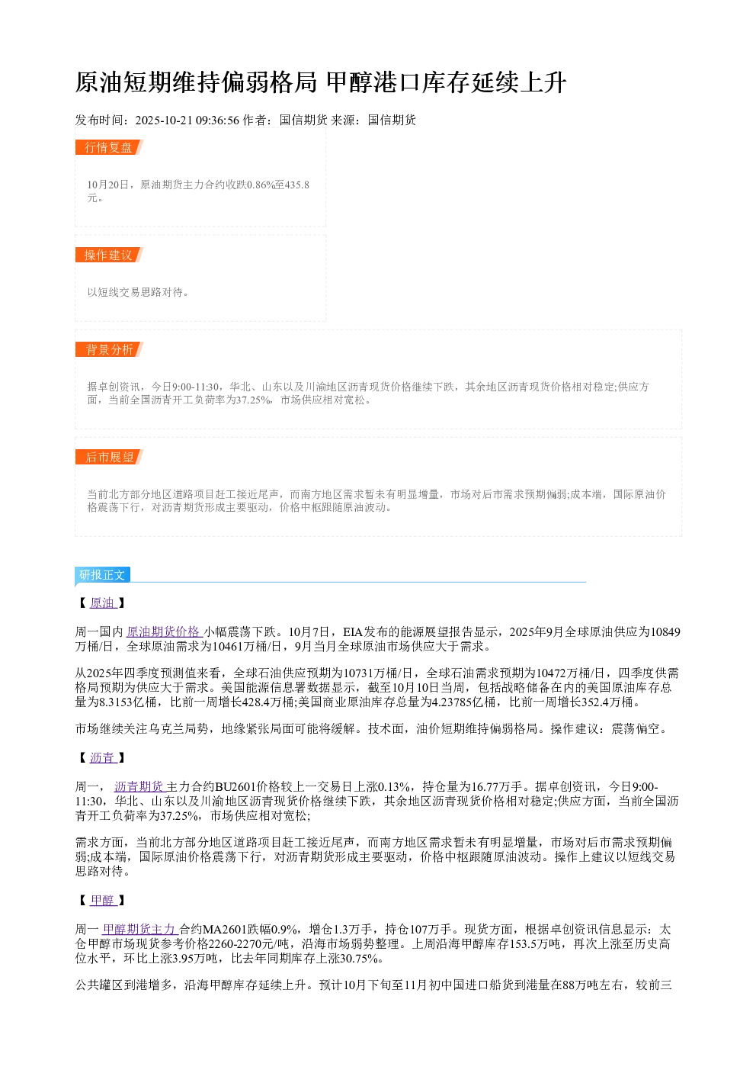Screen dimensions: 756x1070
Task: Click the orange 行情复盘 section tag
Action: (x=109, y=147)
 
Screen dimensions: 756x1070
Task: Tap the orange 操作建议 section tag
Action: (x=109, y=255)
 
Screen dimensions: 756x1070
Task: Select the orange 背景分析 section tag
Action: (x=109, y=349)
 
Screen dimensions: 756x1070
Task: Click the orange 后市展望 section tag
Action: (x=109, y=457)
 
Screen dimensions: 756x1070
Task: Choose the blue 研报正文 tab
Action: (x=102, y=574)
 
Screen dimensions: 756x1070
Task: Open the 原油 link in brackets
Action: (x=103, y=602)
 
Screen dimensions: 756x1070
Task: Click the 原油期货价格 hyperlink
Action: (x=164, y=631)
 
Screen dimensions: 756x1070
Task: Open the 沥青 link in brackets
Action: (x=103, y=757)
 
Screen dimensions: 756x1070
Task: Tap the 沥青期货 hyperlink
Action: (x=139, y=786)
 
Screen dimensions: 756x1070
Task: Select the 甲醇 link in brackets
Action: (x=103, y=900)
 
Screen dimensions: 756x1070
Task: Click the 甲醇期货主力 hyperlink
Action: (x=140, y=929)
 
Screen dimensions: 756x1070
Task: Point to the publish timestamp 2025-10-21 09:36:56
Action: (x=187, y=120)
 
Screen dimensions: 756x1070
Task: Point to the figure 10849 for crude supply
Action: (x=665, y=631)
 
